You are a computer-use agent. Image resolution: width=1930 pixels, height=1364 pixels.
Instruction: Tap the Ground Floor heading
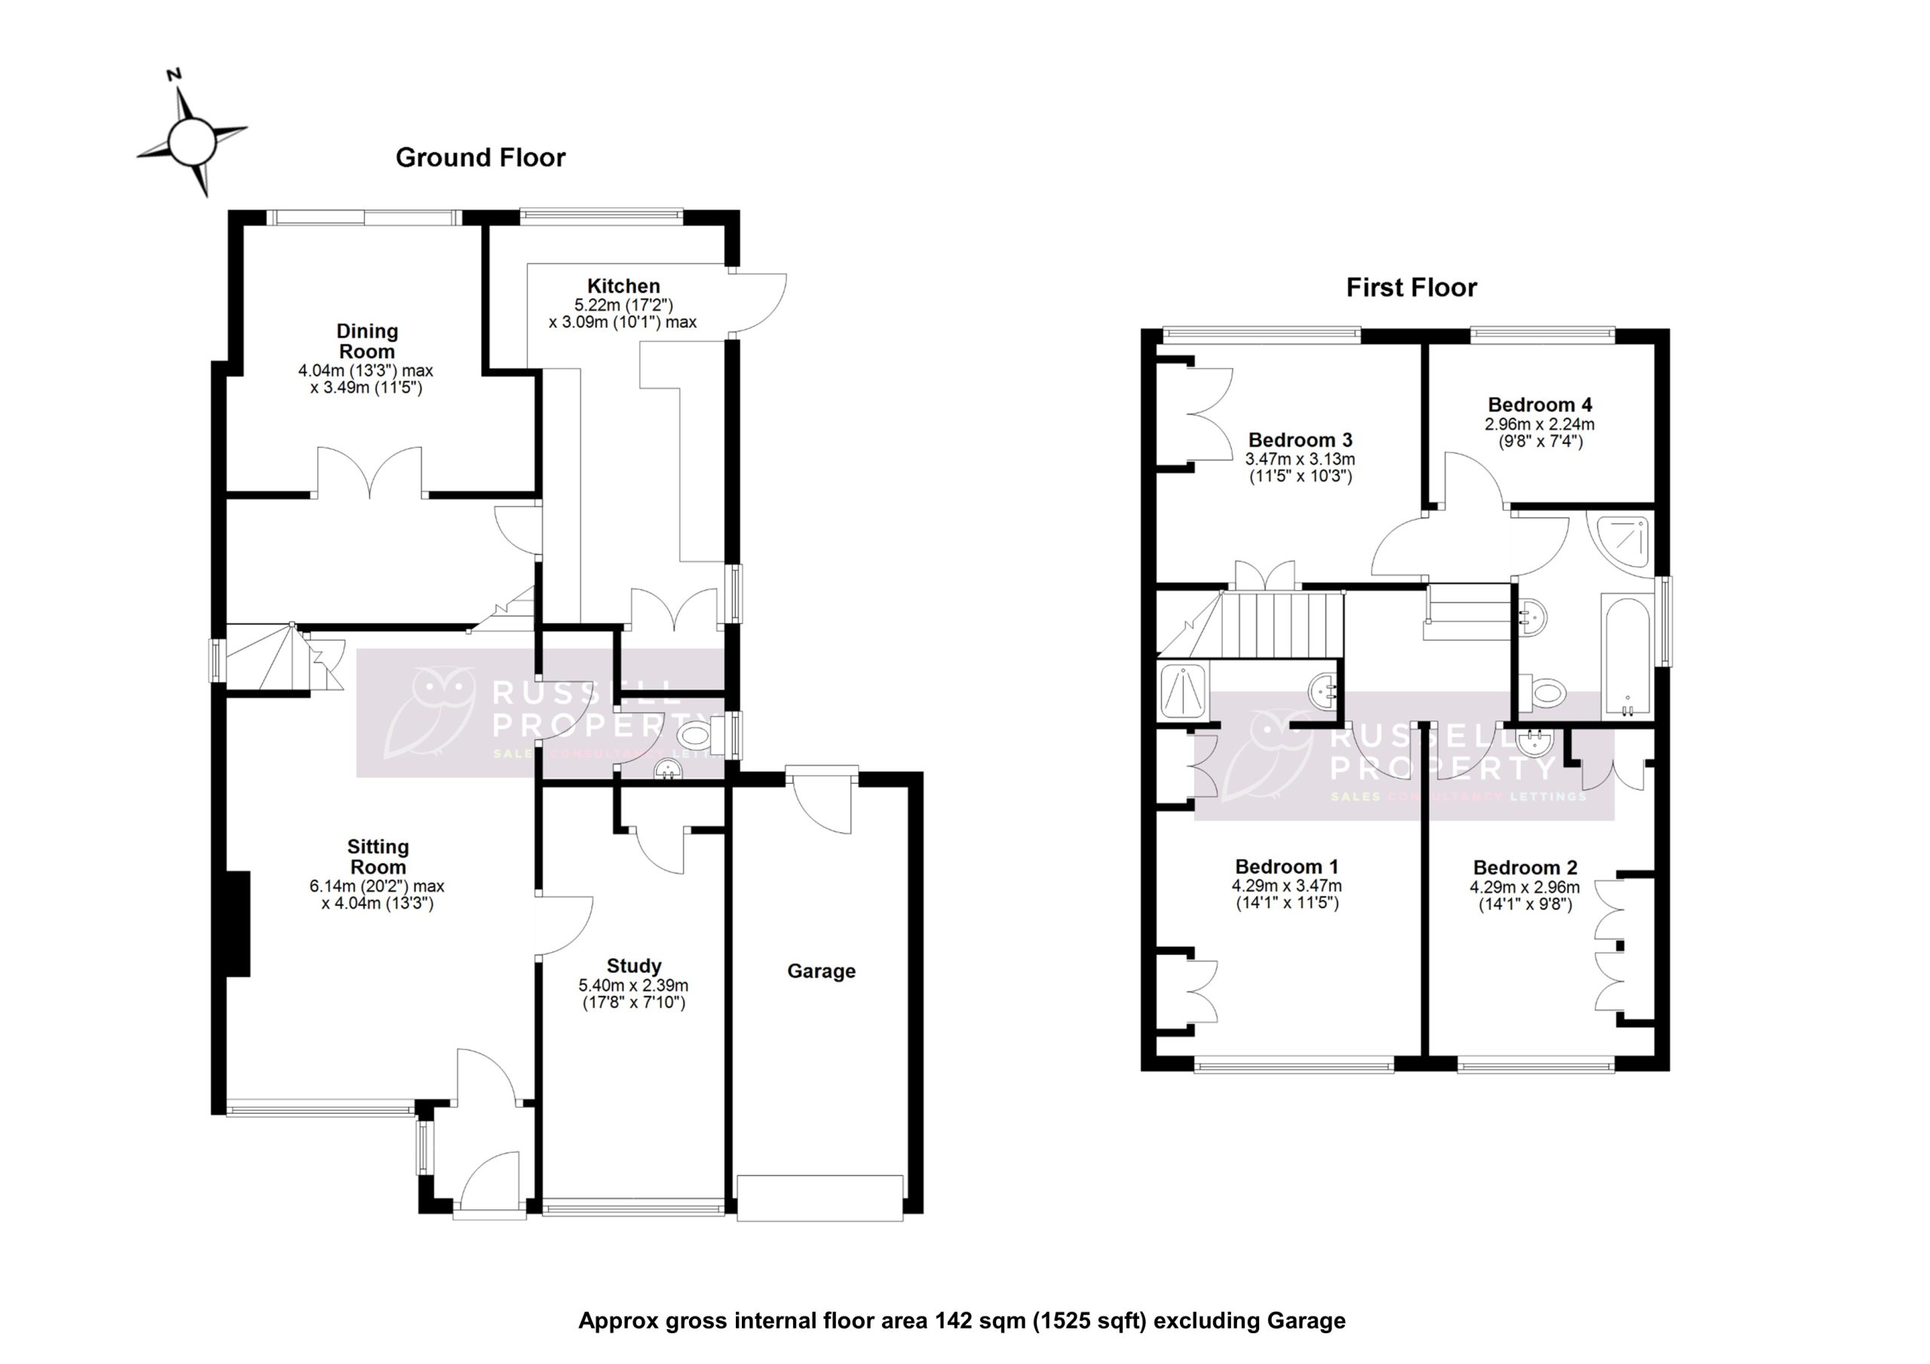(480, 158)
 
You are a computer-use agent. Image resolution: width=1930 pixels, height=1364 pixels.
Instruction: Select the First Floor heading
(1411, 287)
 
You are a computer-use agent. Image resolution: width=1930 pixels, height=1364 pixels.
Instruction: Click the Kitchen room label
(623, 286)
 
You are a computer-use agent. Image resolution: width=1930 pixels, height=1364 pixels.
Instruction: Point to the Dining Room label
(367, 341)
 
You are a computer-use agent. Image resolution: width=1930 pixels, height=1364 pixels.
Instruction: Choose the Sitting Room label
(378, 856)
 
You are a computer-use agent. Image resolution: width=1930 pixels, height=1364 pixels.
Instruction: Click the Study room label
(634, 965)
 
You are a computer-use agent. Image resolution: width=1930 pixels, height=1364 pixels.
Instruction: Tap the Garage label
(820, 971)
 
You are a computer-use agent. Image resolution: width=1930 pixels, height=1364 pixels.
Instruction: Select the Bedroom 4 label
(1539, 405)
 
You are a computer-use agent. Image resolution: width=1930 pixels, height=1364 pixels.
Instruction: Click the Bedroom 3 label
(1300, 439)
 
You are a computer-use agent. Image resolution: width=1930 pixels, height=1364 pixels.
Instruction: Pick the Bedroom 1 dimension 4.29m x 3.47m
(1286, 885)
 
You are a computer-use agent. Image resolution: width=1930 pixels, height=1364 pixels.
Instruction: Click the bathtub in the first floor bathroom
(1625, 656)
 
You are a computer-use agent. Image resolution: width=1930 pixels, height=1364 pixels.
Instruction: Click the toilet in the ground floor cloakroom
(697, 737)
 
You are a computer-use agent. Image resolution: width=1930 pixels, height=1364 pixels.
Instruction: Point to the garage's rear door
(821, 803)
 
